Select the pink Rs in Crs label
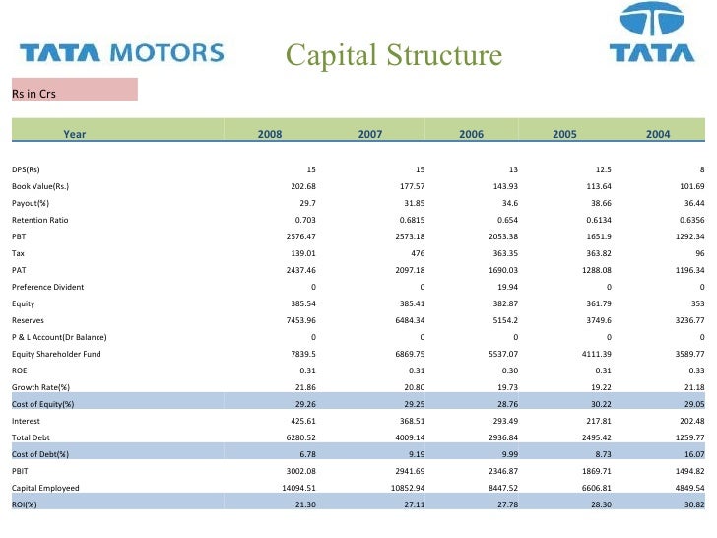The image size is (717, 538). coord(74,91)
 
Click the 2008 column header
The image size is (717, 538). coord(269,134)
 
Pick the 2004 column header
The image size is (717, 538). coord(658,134)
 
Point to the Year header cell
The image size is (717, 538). coord(74,134)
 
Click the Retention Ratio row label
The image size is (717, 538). coord(40,219)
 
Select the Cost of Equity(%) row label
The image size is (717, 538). coord(43,403)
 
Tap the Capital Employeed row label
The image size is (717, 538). coord(45,487)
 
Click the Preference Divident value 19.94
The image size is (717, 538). coord(502,286)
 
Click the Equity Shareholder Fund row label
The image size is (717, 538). coord(56,353)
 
